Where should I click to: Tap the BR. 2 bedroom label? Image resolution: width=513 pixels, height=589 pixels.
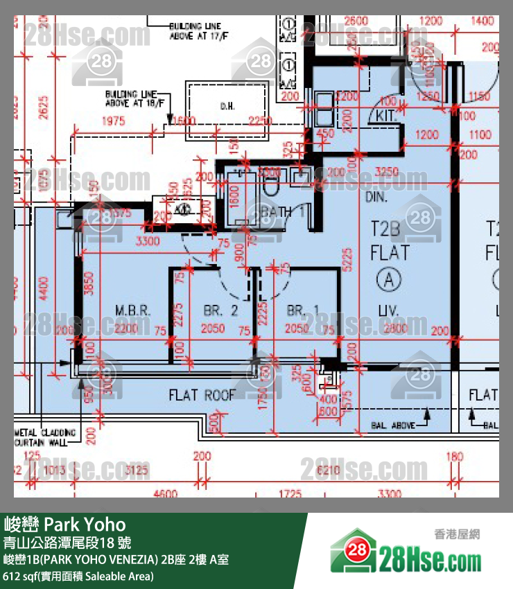coord(221,310)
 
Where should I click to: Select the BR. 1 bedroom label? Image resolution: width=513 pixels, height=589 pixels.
coord(304,310)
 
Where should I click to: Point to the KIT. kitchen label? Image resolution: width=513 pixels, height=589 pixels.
coord(387,116)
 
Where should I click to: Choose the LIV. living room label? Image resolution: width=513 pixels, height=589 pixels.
coord(388,310)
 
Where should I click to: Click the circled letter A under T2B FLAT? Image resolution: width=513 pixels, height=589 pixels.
coord(390,279)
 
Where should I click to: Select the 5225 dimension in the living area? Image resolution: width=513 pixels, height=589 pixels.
coord(351,258)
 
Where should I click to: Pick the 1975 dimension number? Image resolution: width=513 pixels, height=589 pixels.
coord(112,121)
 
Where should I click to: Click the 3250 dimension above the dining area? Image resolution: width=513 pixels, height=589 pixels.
coord(385,171)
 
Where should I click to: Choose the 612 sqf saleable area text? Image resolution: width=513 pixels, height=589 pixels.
coord(78,576)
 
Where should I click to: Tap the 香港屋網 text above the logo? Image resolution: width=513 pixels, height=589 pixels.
coord(457,534)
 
